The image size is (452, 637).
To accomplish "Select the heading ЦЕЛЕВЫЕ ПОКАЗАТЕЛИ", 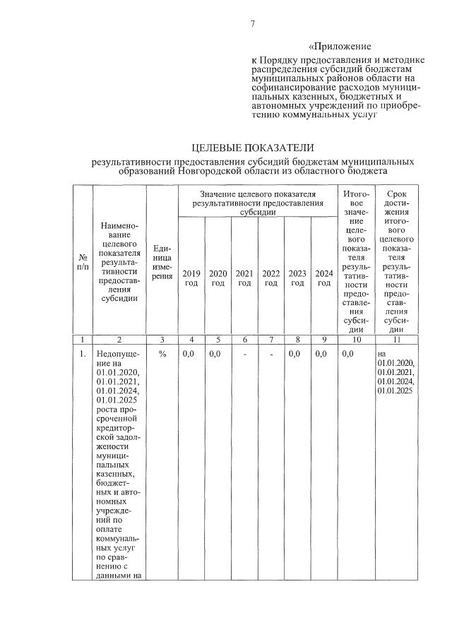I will (x=252, y=147).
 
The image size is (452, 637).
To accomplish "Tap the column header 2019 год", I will (x=191, y=278).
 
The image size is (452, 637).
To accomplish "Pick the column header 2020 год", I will (x=218, y=278).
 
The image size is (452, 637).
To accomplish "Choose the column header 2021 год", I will (x=244, y=278).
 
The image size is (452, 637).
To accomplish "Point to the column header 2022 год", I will (x=271, y=278).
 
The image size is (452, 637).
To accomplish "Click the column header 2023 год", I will (x=297, y=278).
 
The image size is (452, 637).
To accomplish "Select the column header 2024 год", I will (x=324, y=278).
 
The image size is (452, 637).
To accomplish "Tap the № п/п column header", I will (x=83, y=263).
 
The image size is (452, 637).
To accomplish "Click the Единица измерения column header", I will (x=162, y=263).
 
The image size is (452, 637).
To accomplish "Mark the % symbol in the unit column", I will (x=162, y=354).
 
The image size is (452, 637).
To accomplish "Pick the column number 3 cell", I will (x=162, y=339).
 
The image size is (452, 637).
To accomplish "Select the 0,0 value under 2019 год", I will (x=189, y=354).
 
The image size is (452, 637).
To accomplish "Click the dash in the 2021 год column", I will (x=244, y=354).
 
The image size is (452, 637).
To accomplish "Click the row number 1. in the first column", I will (x=83, y=354).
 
